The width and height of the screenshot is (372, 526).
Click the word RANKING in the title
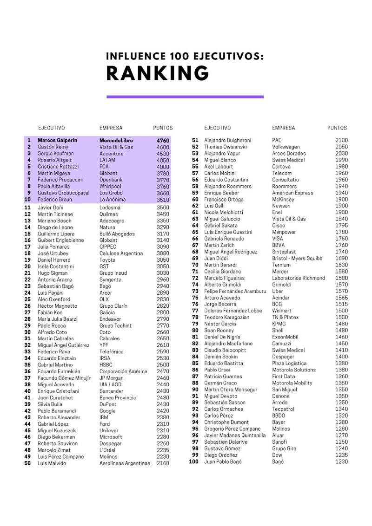click(158, 73)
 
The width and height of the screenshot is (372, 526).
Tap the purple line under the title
click(185, 97)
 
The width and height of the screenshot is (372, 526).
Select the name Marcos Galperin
click(58, 140)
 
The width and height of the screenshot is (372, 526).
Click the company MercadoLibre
click(116, 140)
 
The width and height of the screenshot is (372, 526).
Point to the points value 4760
click(163, 140)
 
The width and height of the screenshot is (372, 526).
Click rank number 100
click(193, 461)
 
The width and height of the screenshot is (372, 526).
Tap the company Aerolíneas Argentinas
click(125, 463)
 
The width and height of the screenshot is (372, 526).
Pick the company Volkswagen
click(286, 147)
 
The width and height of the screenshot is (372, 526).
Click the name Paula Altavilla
click(54, 186)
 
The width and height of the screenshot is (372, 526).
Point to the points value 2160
click(163, 463)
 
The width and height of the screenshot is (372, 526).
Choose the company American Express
click(292, 193)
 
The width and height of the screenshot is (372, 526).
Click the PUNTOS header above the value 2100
click(337, 128)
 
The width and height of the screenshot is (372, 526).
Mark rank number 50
click(27, 463)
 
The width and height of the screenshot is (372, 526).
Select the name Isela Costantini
click(56, 266)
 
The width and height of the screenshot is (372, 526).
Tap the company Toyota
click(107, 260)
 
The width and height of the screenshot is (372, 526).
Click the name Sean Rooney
click(220, 331)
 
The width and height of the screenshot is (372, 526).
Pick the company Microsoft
click(111, 437)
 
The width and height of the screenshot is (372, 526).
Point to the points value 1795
click(341, 226)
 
